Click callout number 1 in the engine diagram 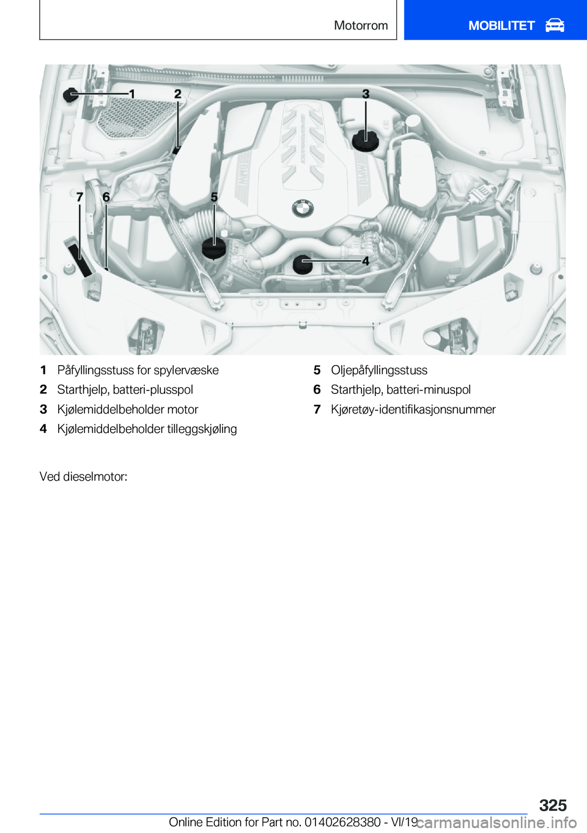point(131,94)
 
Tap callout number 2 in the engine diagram point(177,94)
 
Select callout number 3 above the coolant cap point(366,94)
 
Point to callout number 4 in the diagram point(366,261)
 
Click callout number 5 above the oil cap point(214,197)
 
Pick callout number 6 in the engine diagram point(106,197)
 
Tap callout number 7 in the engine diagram point(79,197)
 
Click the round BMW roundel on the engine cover point(302,209)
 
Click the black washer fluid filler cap point(72,95)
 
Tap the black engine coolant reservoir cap point(366,140)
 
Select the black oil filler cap point(214,247)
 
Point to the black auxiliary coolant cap point(303,264)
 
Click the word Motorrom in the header point(361,26)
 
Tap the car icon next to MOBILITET point(555,26)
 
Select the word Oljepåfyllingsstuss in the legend point(379,370)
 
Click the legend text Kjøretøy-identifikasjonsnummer point(413,409)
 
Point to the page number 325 point(553,805)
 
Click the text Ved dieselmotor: point(84,476)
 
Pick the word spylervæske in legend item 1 point(186,370)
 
